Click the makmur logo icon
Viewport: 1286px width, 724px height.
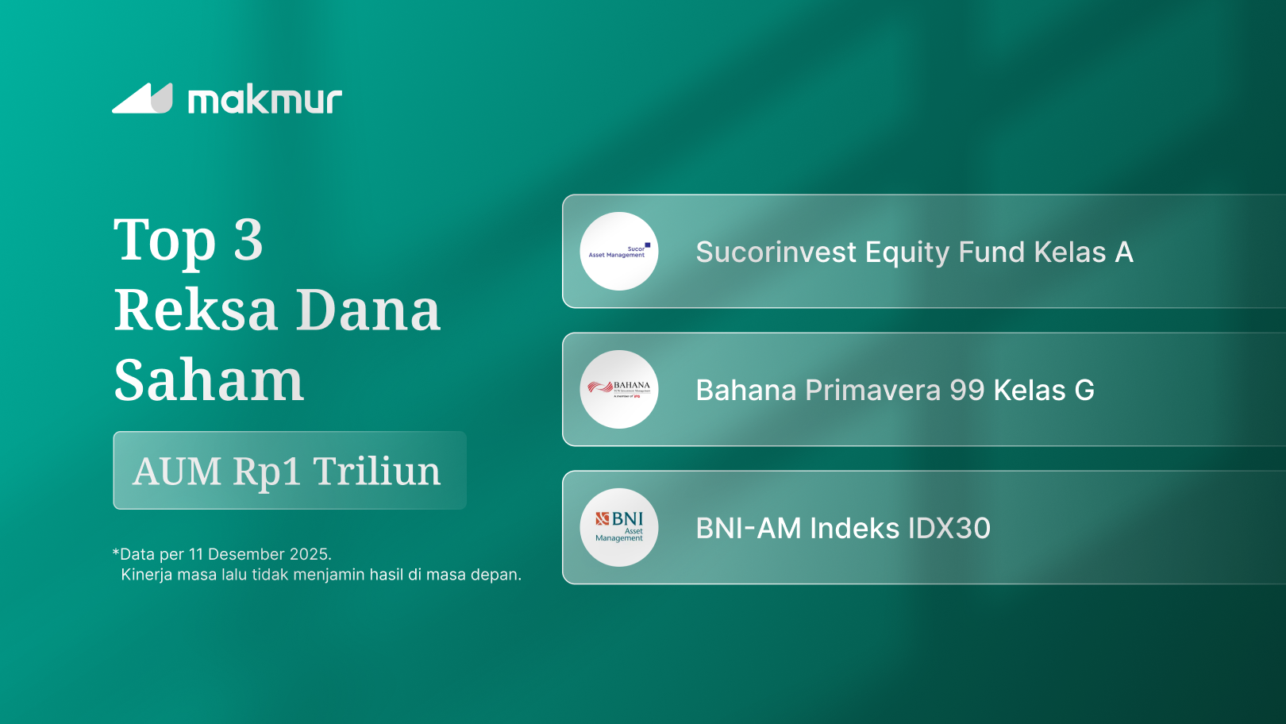(143, 99)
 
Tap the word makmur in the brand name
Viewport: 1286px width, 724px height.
(264, 100)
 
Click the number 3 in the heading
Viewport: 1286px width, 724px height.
(248, 240)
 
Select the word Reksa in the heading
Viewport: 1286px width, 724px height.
(195, 310)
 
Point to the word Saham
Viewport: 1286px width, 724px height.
(209, 380)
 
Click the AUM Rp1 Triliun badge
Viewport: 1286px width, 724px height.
(290, 471)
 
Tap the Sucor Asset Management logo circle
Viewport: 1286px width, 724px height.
(619, 252)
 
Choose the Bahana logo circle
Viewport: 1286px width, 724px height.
(619, 390)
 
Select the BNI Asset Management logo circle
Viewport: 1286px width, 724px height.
(619, 528)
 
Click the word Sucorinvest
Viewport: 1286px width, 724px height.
(776, 252)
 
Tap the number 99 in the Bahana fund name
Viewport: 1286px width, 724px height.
(967, 391)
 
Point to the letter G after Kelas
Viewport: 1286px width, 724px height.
(1084, 391)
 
